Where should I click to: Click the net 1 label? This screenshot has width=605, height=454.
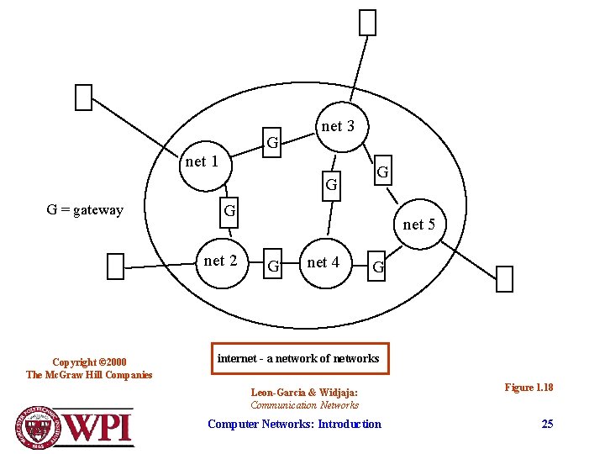pos(202,161)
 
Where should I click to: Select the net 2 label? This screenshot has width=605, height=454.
pos(220,261)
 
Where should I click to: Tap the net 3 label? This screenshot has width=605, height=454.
pos(338,126)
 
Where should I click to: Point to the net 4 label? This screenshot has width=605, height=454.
pos(324,262)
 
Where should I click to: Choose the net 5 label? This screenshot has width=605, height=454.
pos(418,224)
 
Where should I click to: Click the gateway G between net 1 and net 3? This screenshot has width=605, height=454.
pos(272,143)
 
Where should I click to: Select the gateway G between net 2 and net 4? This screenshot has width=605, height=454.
pos(272,266)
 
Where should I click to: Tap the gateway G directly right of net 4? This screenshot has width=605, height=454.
pos(378,267)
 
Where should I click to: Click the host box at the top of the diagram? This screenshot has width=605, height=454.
pos(367,23)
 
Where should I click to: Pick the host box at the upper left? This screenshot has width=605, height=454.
pos(83,98)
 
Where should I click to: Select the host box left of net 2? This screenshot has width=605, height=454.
pos(116,266)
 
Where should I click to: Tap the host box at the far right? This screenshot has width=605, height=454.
pos(504,278)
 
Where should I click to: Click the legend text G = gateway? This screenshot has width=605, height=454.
pos(85,209)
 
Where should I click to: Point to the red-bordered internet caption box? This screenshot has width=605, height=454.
pos(298,358)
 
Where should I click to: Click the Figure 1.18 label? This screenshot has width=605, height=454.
pos(529,387)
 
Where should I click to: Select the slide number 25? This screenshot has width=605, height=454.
pos(547,424)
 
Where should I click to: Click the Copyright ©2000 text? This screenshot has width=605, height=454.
pos(89,362)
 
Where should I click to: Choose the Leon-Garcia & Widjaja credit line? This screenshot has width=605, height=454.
pos(304,392)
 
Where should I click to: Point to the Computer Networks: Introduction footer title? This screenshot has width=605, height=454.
pos(294,424)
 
